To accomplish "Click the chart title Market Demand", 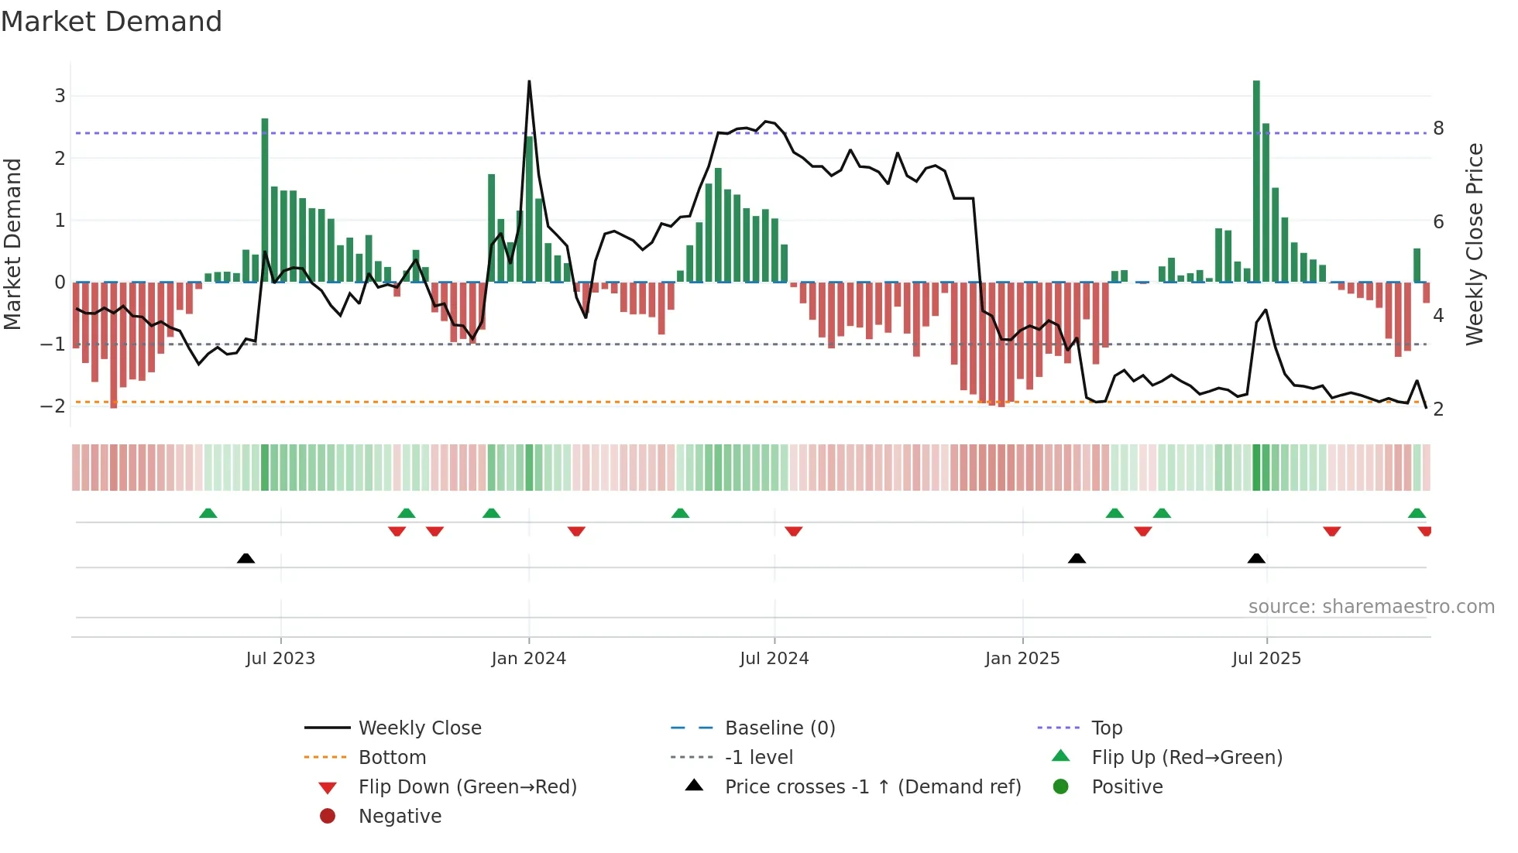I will pyautogui.click(x=112, y=22).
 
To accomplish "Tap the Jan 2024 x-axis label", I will pyautogui.click(x=528, y=659).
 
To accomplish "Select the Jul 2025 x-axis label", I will pyautogui.click(x=1266, y=659).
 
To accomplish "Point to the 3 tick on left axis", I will pyautogui.click(x=60, y=96).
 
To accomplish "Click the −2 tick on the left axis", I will pyautogui.click(x=53, y=406).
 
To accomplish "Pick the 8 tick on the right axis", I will pyautogui.click(x=1438, y=128).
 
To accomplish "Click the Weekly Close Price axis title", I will pyautogui.click(x=1474, y=244).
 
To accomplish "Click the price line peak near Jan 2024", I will pyautogui.click(x=529, y=82).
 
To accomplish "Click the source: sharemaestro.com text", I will pyautogui.click(x=1371, y=607).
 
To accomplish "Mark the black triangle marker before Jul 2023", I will pyautogui.click(x=246, y=559).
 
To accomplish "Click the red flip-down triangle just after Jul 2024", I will pyautogui.click(x=793, y=531).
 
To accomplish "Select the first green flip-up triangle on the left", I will pyautogui.click(x=208, y=513).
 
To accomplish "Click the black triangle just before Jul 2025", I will pyautogui.click(x=1256, y=559).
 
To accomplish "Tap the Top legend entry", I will pyautogui.click(x=1106, y=728).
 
